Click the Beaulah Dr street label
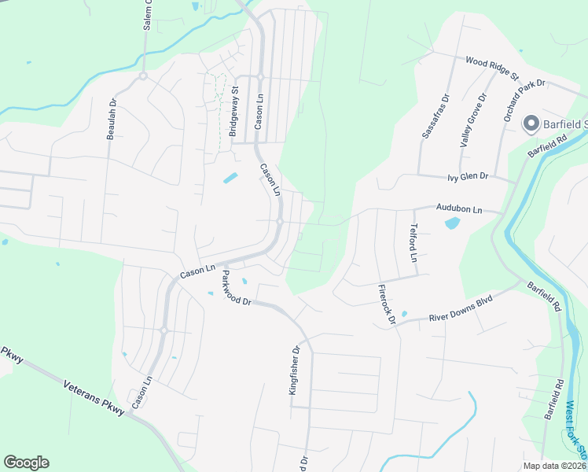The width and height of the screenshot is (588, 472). (112, 119)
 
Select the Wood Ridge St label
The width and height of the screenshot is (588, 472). (492, 68)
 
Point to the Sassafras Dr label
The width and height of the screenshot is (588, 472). (435, 117)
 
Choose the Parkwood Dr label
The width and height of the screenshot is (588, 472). (235, 289)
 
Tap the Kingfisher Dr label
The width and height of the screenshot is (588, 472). (296, 377)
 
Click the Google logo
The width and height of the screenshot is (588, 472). (26, 463)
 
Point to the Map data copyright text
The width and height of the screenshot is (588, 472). (555, 466)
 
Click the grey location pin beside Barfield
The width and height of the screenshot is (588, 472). (531, 124)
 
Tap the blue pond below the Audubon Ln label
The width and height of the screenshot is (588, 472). (452, 223)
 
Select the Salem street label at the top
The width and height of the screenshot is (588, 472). (146, 16)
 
